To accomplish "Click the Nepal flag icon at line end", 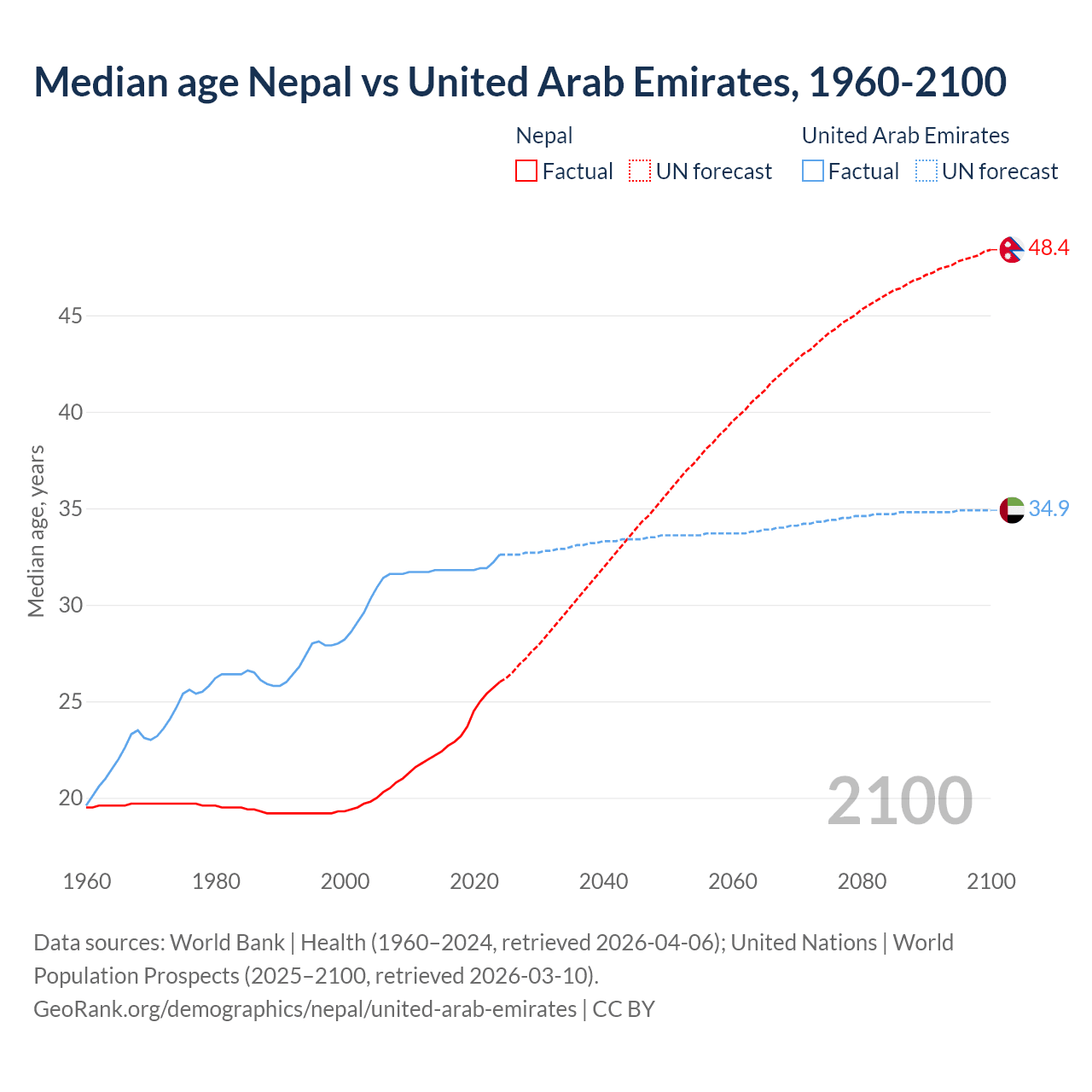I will tap(1011, 250).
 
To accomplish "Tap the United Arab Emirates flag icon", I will tap(1011, 510).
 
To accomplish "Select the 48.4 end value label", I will tap(1048, 248).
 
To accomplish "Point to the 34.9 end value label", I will tap(1048, 508).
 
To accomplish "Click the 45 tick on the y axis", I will tap(70, 317).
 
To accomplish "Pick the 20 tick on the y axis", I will tap(70, 799).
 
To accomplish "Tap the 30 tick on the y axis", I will tap(70, 606).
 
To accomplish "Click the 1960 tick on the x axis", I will tap(87, 881).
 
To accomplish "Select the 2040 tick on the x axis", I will tap(603, 881).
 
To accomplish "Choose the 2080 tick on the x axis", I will tap(862, 881).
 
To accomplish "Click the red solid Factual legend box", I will tap(526, 171).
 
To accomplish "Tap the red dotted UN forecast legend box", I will tap(640, 171).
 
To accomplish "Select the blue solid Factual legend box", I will tap(813, 171).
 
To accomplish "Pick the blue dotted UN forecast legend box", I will tap(926, 171).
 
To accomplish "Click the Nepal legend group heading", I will tap(544, 136).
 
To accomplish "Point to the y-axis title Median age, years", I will tap(36, 531).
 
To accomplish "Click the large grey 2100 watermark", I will tap(899, 800).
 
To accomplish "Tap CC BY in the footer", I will tap(624, 1009).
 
